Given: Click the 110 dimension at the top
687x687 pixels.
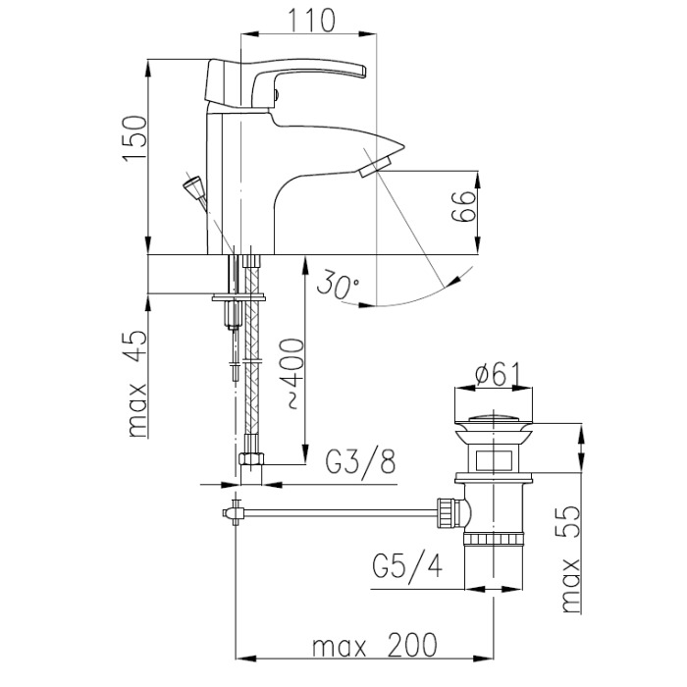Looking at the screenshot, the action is [311, 21].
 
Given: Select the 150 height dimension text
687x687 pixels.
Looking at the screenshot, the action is [135, 139].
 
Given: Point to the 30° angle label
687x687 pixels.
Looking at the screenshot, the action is [338, 285].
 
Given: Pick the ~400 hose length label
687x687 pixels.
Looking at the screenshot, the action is [291, 373].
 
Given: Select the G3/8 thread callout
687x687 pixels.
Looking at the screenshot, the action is [360, 462].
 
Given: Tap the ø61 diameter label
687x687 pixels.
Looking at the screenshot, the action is [498, 374].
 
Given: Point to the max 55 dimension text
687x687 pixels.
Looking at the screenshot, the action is [571, 559].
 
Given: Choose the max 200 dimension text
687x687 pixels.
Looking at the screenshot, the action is [375, 645].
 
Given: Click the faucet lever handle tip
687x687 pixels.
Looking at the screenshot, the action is [362, 72].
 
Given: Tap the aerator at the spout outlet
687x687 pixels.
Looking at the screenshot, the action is [376, 168].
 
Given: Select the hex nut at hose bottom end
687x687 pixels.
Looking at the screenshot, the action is [252, 459].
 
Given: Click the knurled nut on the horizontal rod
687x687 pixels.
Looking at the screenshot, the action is [449, 512].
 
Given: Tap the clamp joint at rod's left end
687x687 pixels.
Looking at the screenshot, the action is [234, 512].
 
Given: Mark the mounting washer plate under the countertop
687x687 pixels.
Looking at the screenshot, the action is [238, 298].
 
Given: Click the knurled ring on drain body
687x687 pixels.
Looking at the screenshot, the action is [494, 538].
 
